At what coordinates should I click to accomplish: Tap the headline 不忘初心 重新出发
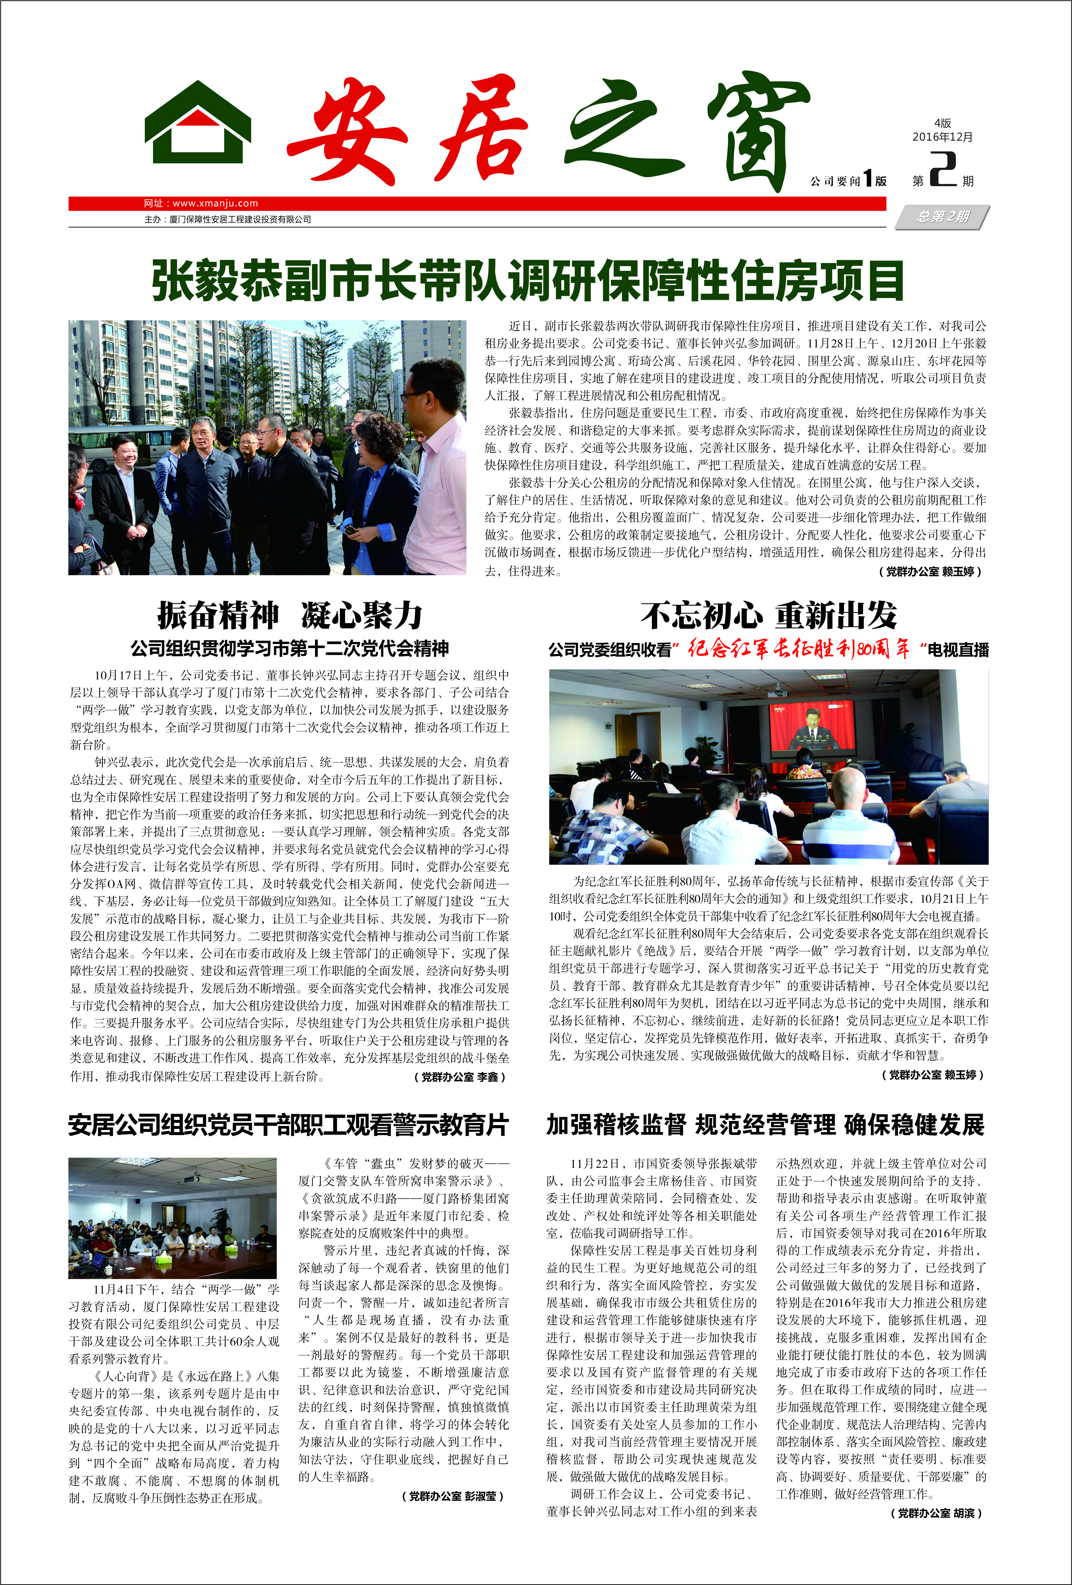pos(768,615)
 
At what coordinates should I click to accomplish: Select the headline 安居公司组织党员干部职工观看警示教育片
pos(288,1125)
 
